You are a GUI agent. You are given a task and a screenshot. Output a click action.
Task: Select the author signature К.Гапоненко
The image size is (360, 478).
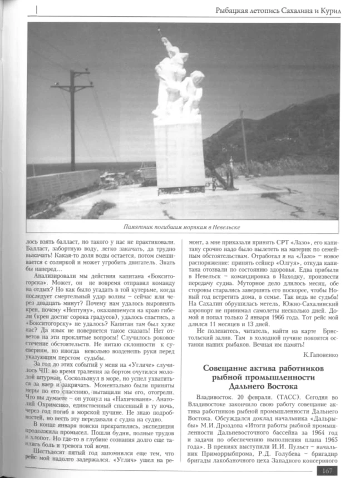(322, 354)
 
